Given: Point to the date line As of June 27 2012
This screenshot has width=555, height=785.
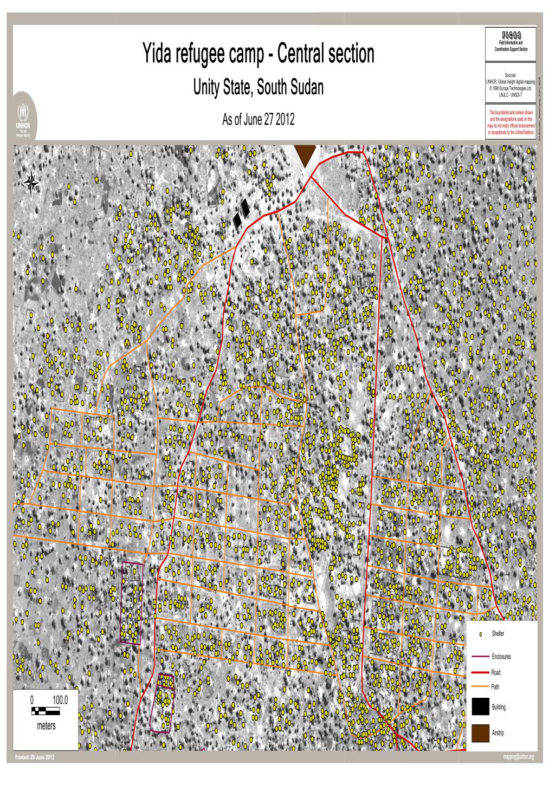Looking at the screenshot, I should pyautogui.click(x=258, y=120).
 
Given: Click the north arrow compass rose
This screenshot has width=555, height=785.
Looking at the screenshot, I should pyautogui.click(x=31, y=182).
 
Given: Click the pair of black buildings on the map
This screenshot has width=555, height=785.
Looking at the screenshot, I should pyautogui.click(x=242, y=213).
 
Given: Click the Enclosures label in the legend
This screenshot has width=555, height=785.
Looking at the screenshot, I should pyautogui.click(x=501, y=657).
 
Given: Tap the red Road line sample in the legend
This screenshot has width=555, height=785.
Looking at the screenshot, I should pyautogui.click(x=480, y=672).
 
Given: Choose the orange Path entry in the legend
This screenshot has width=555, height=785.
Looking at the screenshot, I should pyautogui.click(x=495, y=687).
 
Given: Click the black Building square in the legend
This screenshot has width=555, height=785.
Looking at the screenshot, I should pyautogui.click(x=480, y=707).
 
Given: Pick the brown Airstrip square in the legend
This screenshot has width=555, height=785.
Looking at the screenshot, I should pyautogui.click(x=480, y=732).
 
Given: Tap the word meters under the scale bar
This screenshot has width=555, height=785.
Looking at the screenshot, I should pyautogui.click(x=46, y=726).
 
